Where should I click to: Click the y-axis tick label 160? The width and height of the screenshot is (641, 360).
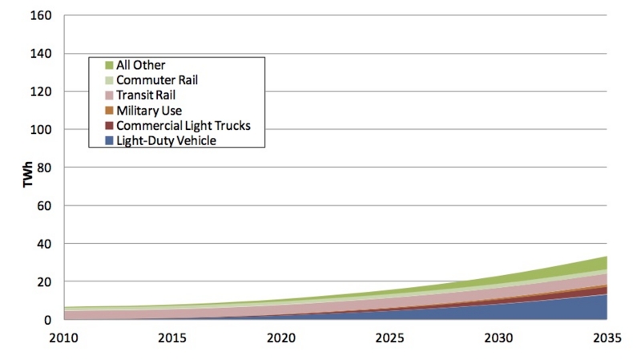pyautogui.click(x=41, y=15)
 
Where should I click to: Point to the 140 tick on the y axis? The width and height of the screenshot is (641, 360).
pyautogui.click(x=41, y=54)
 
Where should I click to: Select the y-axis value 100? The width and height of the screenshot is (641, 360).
pyautogui.click(x=41, y=130)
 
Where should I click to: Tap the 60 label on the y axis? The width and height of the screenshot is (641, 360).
pyautogui.click(x=44, y=206)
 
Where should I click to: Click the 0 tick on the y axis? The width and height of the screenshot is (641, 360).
pyautogui.click(x=48, y=320)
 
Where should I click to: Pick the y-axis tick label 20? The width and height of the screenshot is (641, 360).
pyautogui.click(x=44, y=282)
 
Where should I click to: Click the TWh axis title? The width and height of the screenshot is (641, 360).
pyautogui.click(x=27, y=175)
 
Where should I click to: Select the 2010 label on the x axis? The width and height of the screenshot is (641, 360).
pyautogui.click(x=64, y=338)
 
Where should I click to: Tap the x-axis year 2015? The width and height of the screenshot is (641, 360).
pyautogui.click(x=172, y=338)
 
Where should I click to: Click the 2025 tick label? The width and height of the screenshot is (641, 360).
pyautogui.click(x=389, y=338)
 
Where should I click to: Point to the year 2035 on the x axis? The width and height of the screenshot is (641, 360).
pyautogui.click(x=607, y=338)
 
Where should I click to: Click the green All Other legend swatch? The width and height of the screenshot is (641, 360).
pyautogui.click(x=109, y=65)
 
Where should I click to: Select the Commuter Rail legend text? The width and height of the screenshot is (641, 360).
pyautogui.click(x=157, y=80)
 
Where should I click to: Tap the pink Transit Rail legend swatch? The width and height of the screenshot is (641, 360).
pyautogui.click(x=109, y=95)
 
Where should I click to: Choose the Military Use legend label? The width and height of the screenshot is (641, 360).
pyautogui.click(x=149, y=111)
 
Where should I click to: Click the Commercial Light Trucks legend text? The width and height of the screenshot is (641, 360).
pyautogui.click(x=183, y=126)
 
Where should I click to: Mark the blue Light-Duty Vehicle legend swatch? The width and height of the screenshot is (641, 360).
pyautogui.click(x=109, y=141)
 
